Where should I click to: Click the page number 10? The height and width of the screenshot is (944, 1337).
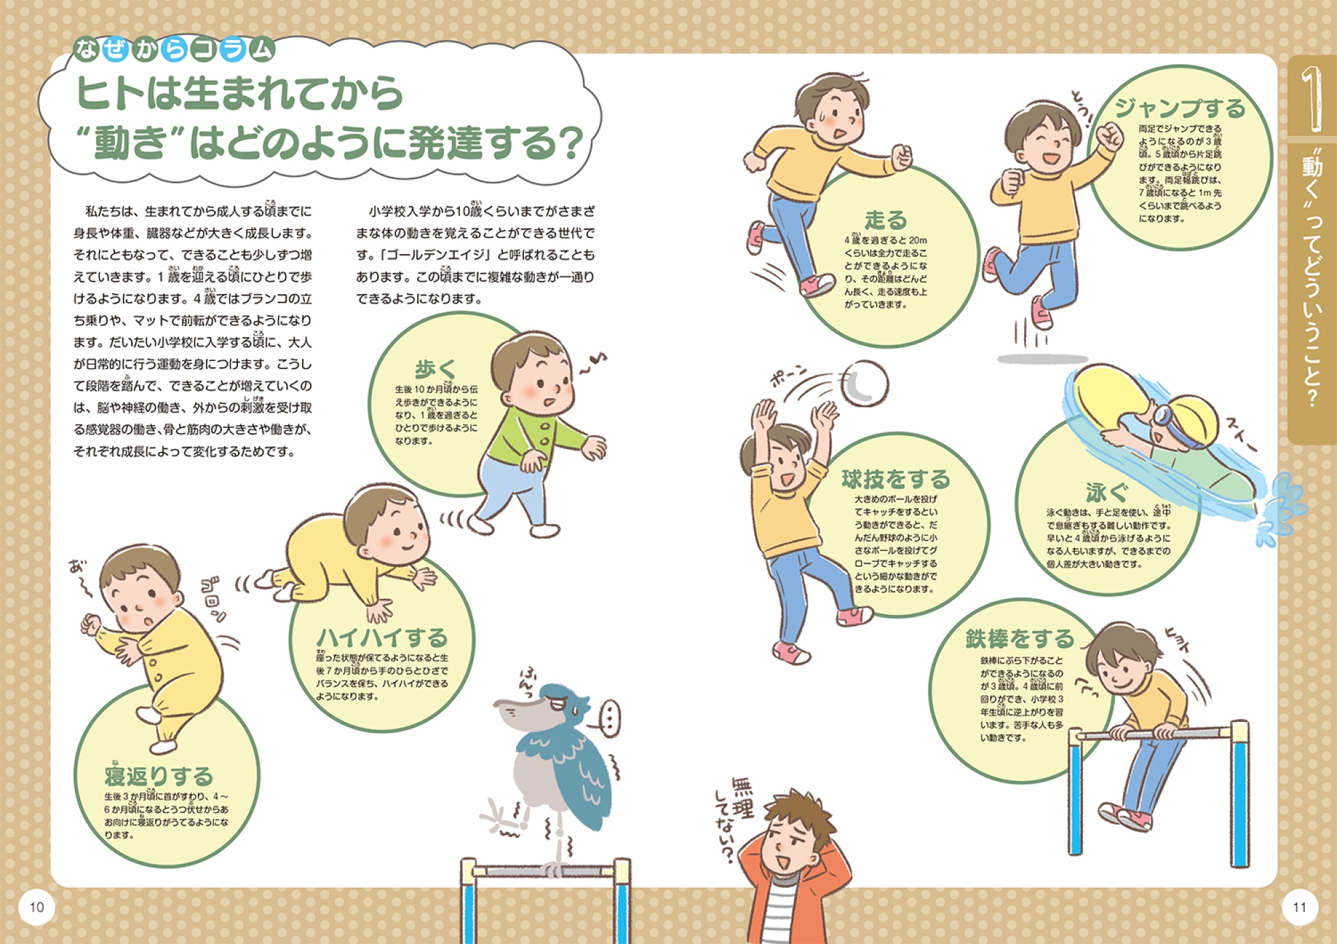[x=37, y=907]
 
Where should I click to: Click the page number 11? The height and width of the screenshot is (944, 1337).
[x=1300, y=907]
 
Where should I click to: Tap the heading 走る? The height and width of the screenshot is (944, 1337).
[x=886, y=219]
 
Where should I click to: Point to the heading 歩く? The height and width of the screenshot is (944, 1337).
[x=436, y=368]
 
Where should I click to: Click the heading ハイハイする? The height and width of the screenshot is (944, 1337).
[x=382, y=638]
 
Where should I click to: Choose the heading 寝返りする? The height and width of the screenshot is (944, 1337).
[x=158, y=776]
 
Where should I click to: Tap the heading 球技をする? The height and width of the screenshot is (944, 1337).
[x=896, y=479]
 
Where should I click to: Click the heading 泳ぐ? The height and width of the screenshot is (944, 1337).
[x=1106, y=493]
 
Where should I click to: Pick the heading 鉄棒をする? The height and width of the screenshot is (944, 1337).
[x=1019, y=638]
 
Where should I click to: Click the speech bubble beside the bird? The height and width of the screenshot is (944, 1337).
[x=608, y=718]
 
